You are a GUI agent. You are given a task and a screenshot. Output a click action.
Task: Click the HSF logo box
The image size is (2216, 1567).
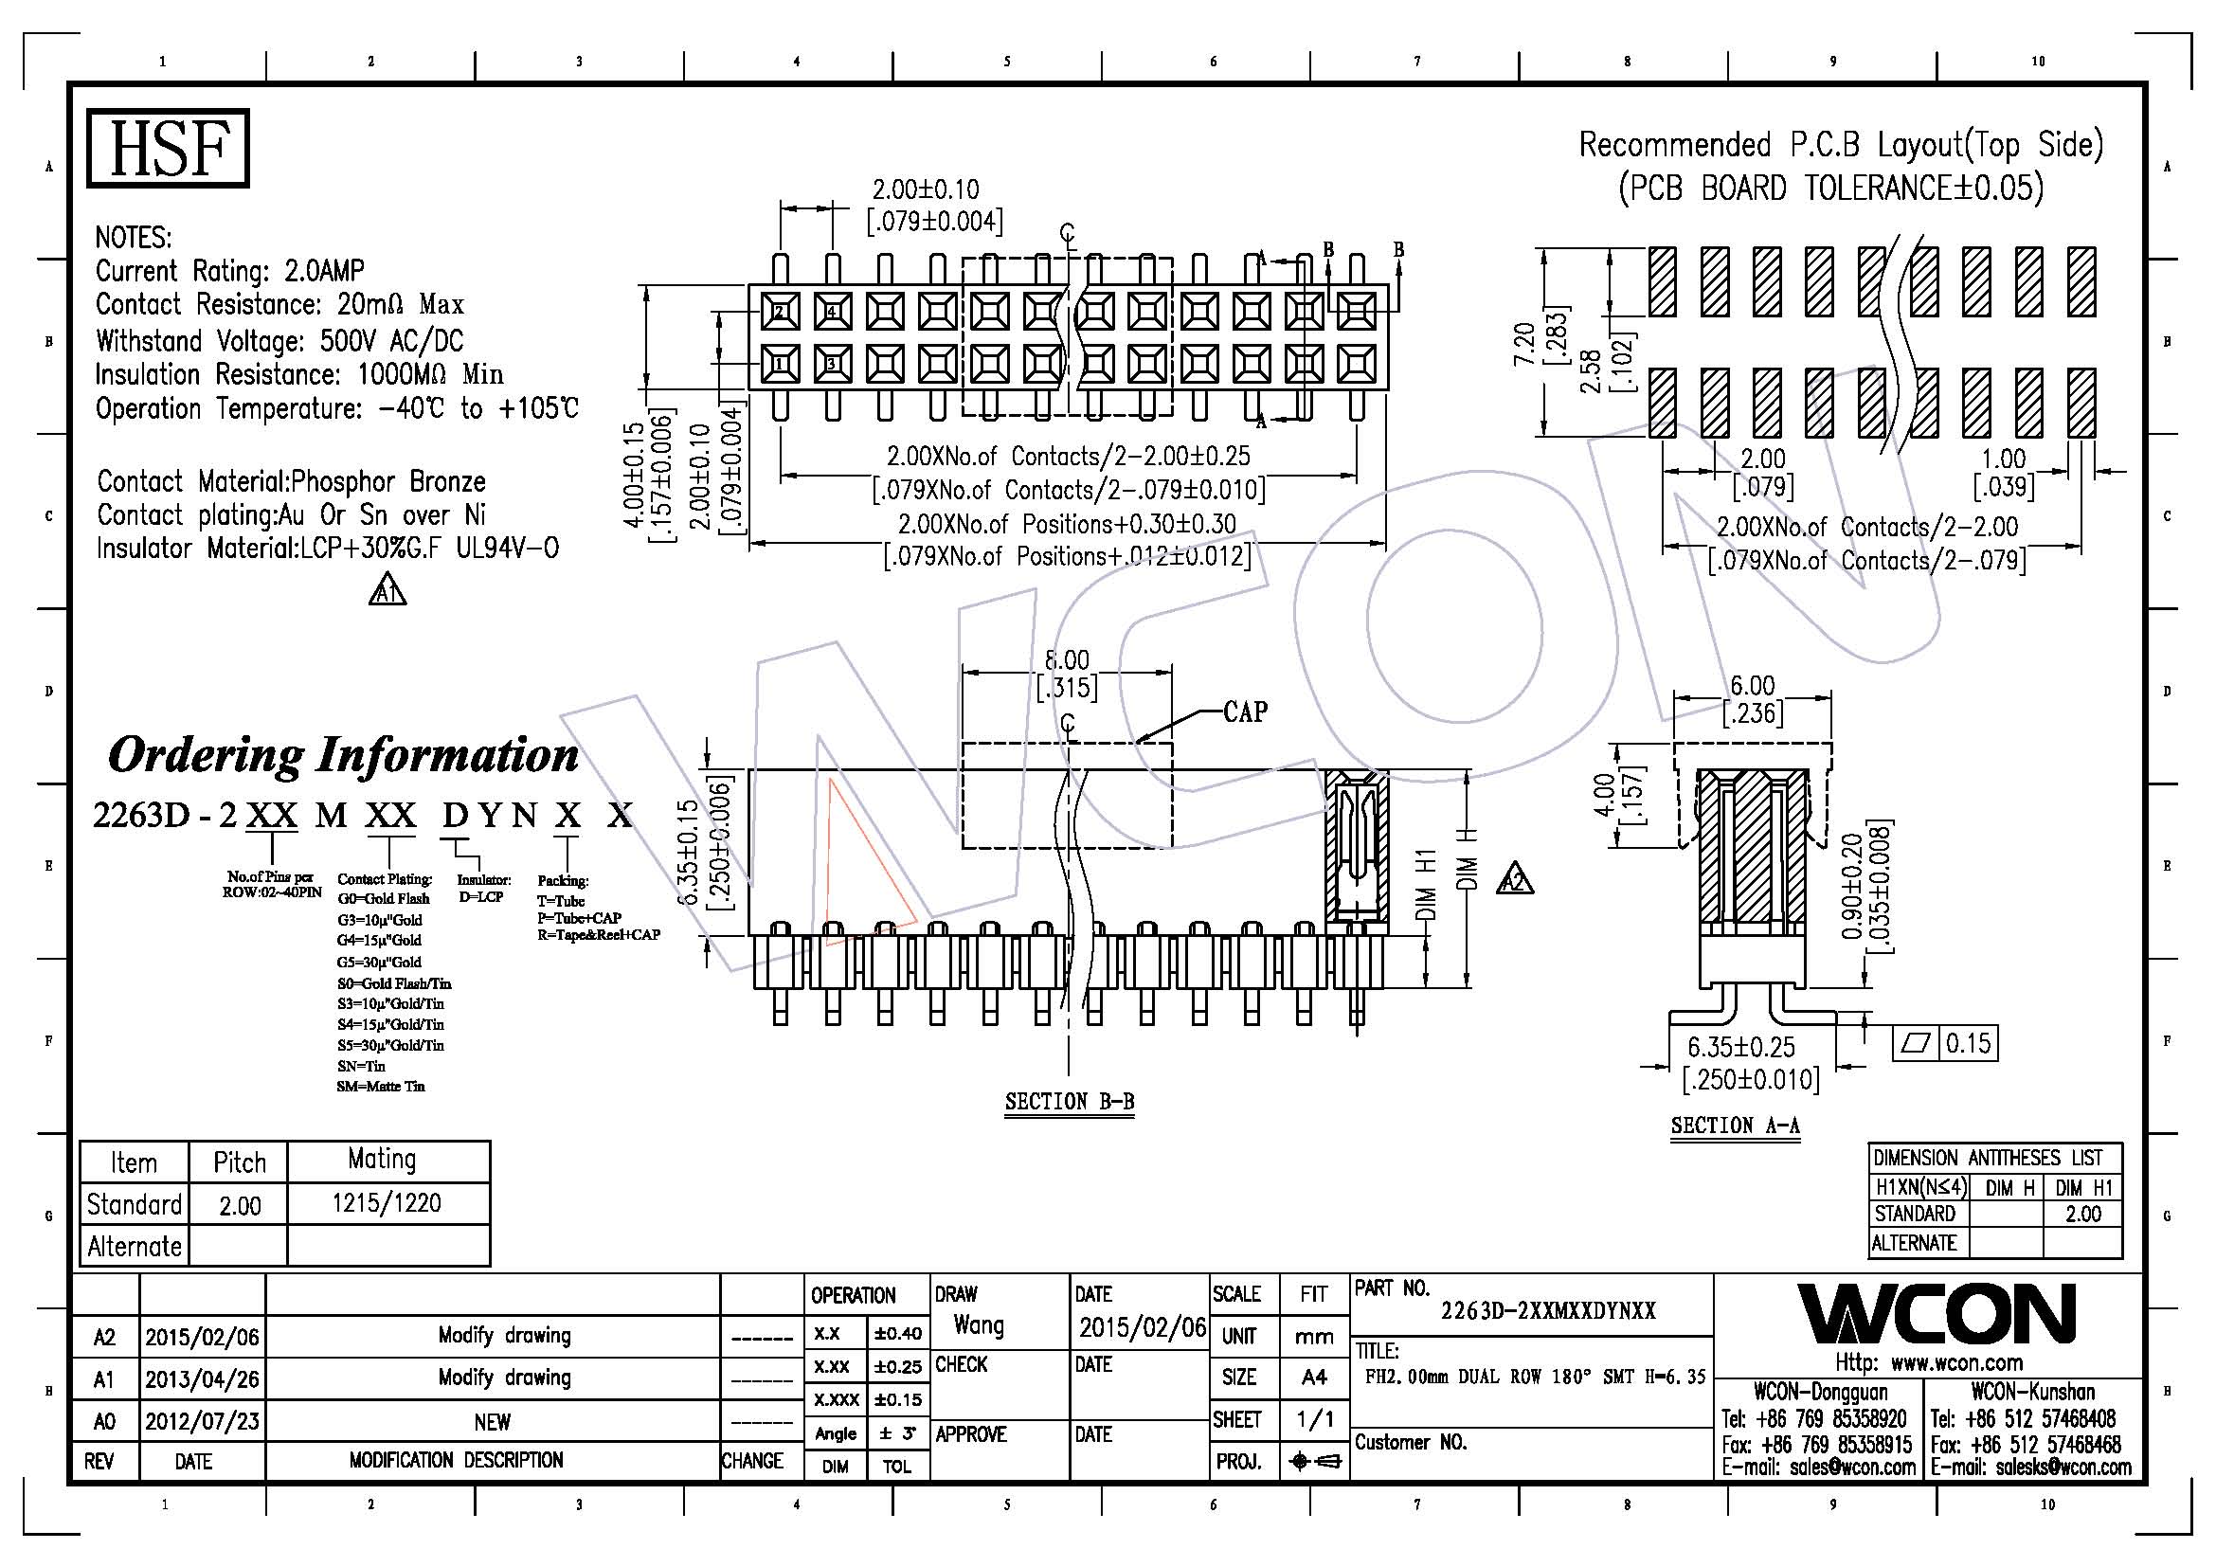click(x=168, y=148)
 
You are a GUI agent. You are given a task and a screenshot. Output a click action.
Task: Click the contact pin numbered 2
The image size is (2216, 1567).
click(x=780, y=312)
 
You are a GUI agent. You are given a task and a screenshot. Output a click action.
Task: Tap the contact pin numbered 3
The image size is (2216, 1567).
click(x=832, y=364)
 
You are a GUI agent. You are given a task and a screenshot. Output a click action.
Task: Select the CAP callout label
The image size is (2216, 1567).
click(x=1244, y=712)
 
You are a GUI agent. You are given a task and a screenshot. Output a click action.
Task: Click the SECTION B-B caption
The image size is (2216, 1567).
click(x=1070, y=1102)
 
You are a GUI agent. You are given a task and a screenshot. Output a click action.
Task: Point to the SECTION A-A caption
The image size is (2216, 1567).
click(x=1735, y=1126)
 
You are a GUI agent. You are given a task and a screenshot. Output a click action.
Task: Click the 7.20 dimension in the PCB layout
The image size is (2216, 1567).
click(x=1524, y=345)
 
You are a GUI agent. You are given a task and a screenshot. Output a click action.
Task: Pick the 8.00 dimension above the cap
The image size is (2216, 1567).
click(x=1067, y=660)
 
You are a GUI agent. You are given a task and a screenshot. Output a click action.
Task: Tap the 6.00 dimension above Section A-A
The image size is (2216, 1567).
click(x=1752, y=686)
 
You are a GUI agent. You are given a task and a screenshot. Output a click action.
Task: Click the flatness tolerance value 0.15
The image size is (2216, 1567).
click(x=1968, y=1043)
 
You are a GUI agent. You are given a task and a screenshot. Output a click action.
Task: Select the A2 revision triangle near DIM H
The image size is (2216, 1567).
click(x=1514, y=880)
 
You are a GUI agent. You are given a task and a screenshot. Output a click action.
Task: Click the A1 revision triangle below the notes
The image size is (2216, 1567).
click(x=387, y=591)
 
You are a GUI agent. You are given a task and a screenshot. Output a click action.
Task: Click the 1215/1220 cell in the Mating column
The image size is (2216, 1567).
click(x=386, y=1203)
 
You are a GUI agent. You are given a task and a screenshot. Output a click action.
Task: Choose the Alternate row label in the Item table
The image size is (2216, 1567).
click(x=135, y=1247)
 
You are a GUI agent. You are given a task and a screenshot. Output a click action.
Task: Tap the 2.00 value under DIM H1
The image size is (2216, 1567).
click(x=2082, y=1214)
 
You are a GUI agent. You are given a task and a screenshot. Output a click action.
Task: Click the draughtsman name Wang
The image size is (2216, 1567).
click(x=979, y=1324)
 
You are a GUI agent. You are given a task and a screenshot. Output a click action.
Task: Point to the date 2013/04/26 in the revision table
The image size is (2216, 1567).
click(x=202, y=1378)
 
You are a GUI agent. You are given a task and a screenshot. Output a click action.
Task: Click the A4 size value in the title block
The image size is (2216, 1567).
click(x=1313, y=1377)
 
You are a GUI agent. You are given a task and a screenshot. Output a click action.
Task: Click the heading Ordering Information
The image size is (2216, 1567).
click(x=343, y=754)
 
